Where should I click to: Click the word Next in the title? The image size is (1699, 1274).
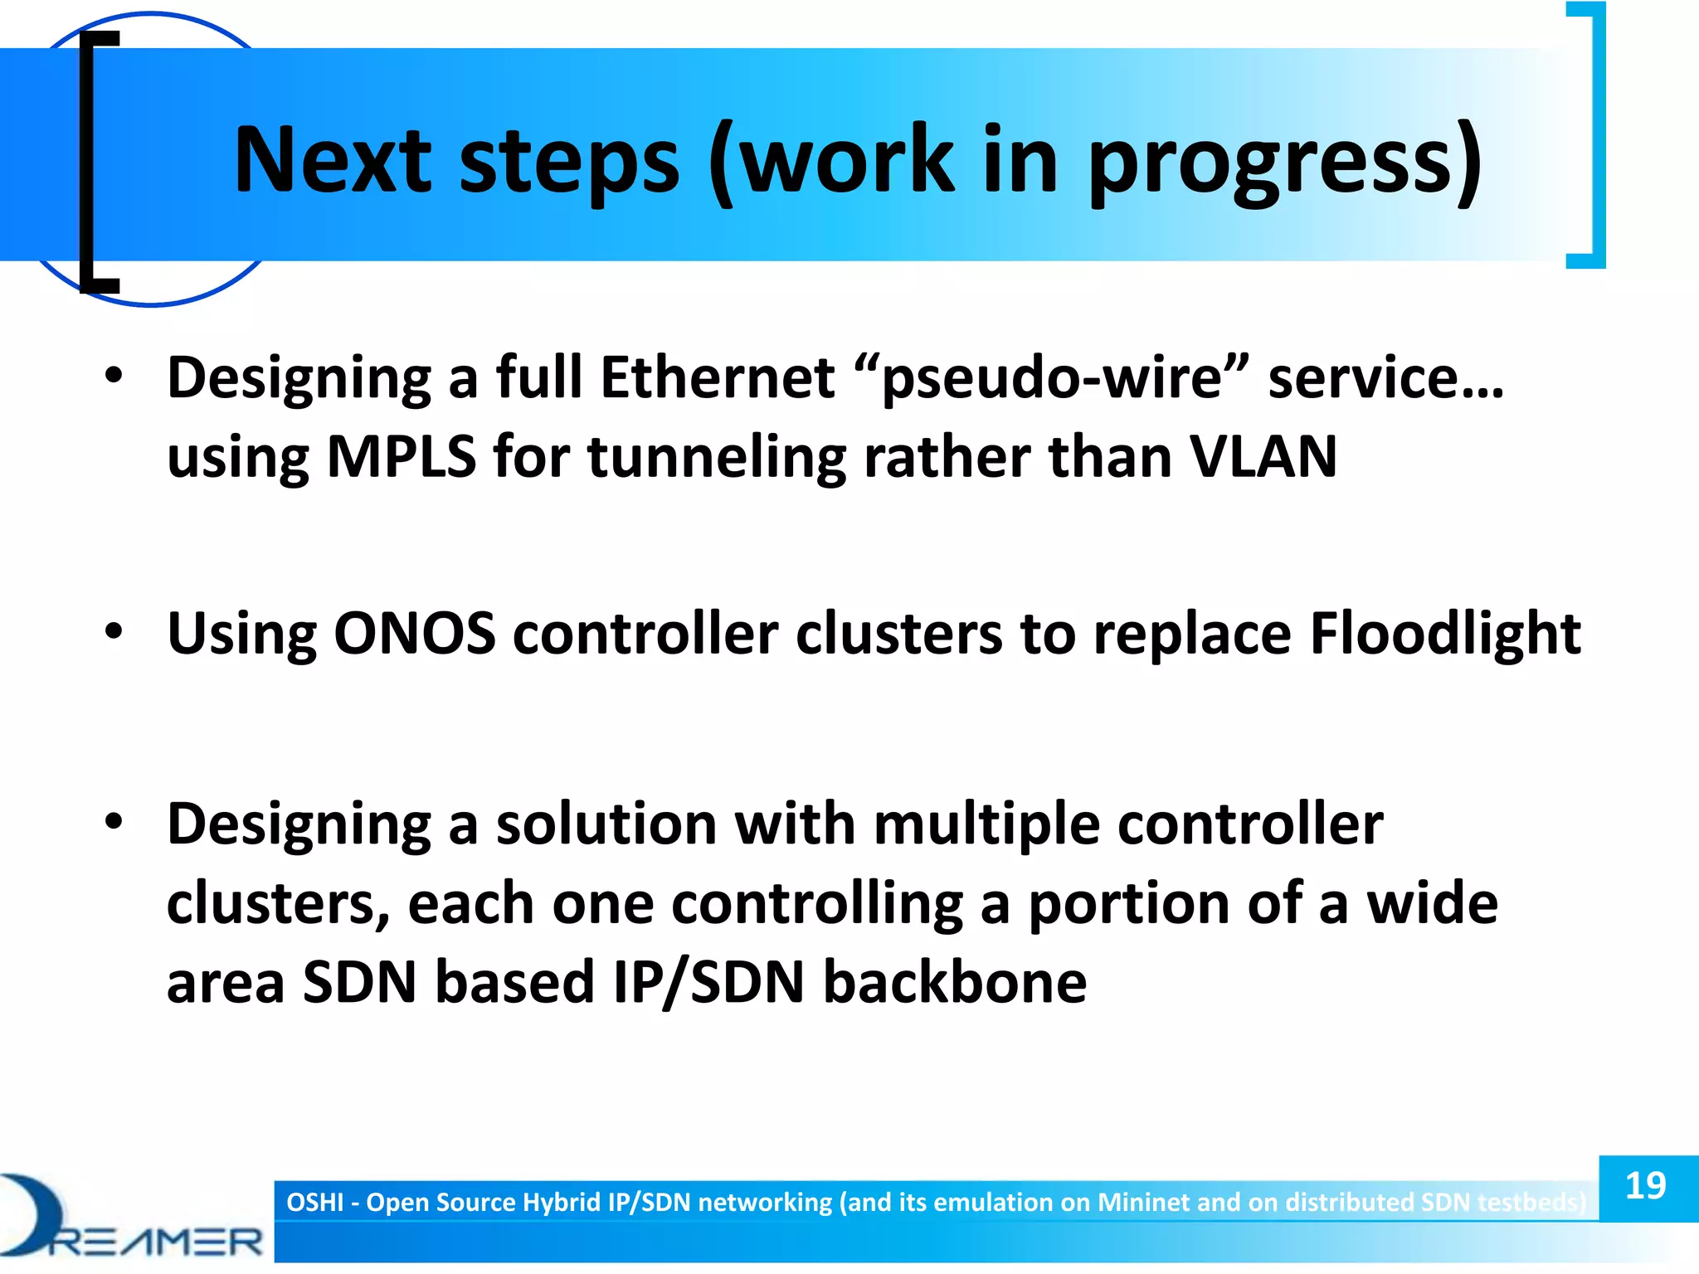pos(332,160)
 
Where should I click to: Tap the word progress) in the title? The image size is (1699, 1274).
pos(1284,162)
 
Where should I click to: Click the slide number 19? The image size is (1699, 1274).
pos(1645,1186)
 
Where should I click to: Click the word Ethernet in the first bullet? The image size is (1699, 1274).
pos(717,378)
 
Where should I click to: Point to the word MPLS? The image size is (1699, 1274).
pos(402,457)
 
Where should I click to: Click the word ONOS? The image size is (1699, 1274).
pos(414,634)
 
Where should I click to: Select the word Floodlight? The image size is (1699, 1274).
pos(1444,634)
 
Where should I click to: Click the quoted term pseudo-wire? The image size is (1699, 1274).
pos(1051,378)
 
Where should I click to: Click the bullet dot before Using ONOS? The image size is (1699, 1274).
pos(114,632)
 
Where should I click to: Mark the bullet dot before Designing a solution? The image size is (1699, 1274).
pos(114,822)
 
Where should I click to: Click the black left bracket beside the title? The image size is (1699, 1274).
pos(91,162)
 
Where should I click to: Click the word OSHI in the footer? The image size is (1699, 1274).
pos(314,1202)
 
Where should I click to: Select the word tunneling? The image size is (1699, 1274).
pos(717,457)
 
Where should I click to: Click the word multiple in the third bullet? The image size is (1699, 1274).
pos(986,824)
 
